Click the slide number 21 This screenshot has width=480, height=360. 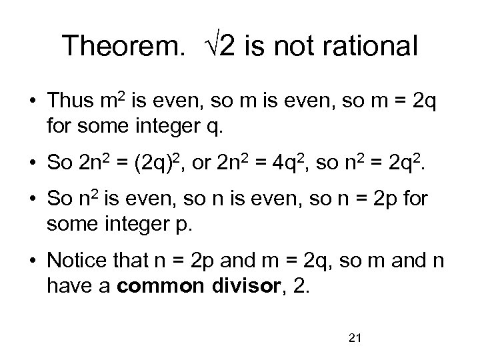pos(355,339)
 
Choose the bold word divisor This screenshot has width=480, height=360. pos(241,286)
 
